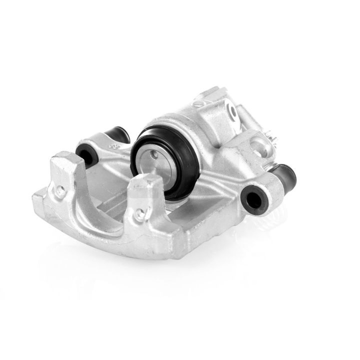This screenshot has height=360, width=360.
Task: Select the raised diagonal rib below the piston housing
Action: (210, 187)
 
